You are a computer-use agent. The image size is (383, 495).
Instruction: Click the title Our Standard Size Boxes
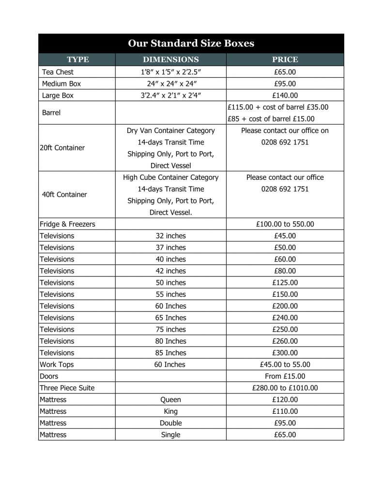[x=191, y=44]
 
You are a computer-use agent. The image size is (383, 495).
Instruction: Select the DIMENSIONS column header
[x=170, y=59]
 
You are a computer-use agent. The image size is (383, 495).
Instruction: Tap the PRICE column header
[x=285, y=59]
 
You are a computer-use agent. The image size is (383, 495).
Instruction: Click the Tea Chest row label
[x=58, y=72]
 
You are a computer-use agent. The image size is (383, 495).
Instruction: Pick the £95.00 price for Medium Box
[x=285, y=84]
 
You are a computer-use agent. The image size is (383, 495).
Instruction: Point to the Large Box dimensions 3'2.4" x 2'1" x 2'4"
[x=170, y=95]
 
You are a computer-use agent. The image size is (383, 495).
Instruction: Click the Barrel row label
[x=51, y=113]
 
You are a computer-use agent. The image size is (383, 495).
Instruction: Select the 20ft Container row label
[x=62, y=148]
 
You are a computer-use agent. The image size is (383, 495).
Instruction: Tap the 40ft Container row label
[x=64, y=194]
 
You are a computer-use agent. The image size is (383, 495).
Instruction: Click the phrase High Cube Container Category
[x=170, y=177]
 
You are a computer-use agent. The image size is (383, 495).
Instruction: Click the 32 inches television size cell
[x=170, y=236]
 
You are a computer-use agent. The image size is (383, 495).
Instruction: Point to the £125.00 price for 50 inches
[x=285, y=283]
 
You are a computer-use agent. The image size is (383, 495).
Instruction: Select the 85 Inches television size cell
[x=170, y=353]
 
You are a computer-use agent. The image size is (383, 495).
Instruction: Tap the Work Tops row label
[x=57, y=364]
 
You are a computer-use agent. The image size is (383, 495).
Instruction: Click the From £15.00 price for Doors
[x=285, y=376]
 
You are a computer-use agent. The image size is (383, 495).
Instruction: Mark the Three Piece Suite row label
[x=67, y=388]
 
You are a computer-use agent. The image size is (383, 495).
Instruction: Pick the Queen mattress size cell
[x=170, y=400]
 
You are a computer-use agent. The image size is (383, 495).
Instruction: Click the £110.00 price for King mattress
[x=285, y=411]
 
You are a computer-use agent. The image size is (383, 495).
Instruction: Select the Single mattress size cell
[x=170, y=435]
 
